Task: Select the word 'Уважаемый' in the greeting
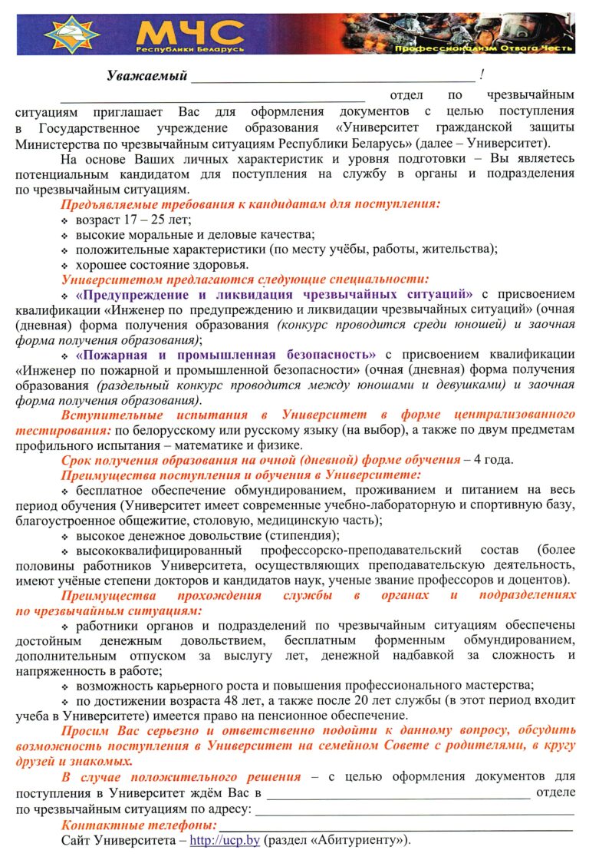pyautogui.click(x=147, y=75)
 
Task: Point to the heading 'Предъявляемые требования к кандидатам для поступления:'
pyautogui.click(x=251, y=204)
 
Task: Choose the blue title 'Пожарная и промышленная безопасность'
pyautogui.click(x=226, y=354)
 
